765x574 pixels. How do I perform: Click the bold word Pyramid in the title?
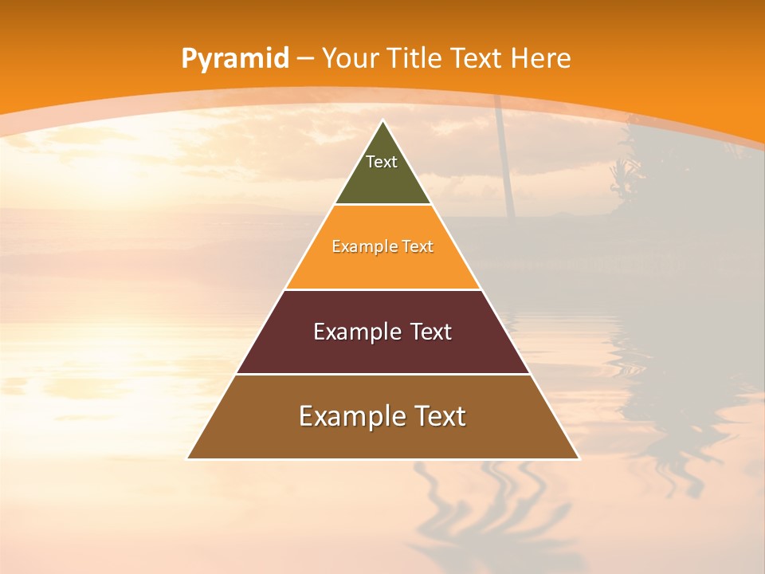pos(234,59)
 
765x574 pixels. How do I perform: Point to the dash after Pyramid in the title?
pos(305,59)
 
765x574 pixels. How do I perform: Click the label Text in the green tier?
pos(382,162)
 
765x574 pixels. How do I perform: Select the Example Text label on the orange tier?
pos(382,246)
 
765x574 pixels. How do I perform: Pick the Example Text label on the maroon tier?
pos(382,332)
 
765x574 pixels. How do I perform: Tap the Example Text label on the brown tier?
pos(382,416)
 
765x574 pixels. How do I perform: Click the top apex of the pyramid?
pos(383,121)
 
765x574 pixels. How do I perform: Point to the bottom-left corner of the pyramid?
pos(188,458)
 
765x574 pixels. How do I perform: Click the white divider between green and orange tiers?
pos(382,204)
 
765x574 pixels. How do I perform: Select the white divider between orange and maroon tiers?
pos(382,289)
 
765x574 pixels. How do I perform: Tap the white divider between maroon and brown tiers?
pos(382,374)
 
